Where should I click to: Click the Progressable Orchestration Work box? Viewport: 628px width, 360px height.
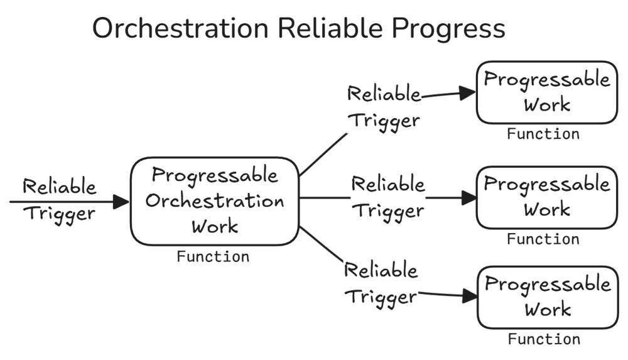tap(214, 200)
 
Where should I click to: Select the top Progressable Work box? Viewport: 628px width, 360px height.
tap(545, 92)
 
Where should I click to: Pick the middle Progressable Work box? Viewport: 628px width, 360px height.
tap(545, 197)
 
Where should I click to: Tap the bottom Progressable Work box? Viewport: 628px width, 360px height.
tap(545, 297)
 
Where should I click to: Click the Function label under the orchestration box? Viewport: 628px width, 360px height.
tap(213, 257)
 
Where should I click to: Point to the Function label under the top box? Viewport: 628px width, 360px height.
tap(543, 134)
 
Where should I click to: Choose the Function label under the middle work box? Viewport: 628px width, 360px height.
tap(543, 239)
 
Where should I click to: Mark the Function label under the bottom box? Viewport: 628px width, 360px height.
tap(544, 340)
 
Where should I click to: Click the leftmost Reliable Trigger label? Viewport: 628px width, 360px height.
tap(60, 199)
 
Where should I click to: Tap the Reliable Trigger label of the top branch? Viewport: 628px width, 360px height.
tap(384, 107)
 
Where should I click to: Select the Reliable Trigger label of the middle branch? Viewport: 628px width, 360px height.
tap(388, 197)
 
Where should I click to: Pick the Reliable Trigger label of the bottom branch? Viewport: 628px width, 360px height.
tap(381, 283)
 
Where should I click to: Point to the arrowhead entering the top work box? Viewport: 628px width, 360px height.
tap(468, 94)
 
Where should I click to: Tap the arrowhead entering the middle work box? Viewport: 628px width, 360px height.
tap(468, 199)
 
